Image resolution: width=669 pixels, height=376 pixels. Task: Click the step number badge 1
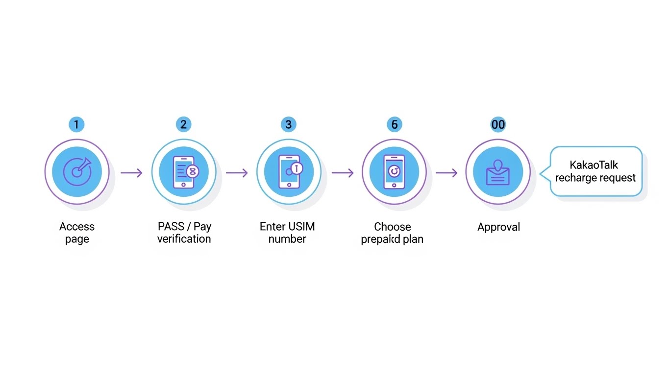[76, 124]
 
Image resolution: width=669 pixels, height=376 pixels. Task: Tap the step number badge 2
[183, 124]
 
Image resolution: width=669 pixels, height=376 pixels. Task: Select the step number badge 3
[288, 124]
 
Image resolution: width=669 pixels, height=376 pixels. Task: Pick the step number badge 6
[394, 124]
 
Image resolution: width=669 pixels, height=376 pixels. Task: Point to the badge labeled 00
[498, 124]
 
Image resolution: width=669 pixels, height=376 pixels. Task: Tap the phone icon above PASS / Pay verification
[183, 171]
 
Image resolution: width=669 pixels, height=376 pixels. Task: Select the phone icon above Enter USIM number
[289, 171]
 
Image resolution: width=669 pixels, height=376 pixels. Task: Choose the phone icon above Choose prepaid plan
[395, 171]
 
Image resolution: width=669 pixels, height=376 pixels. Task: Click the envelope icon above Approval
[498, 172]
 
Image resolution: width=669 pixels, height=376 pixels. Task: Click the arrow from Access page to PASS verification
[131, 172]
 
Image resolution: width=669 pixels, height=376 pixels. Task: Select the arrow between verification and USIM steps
[237, 172]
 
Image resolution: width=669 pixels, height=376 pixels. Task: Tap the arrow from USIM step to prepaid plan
[342, 172]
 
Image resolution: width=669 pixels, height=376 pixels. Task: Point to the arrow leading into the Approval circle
[446, 172]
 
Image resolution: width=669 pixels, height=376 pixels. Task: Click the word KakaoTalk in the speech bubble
[594, 165]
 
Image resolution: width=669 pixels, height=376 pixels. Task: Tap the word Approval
[498, 227]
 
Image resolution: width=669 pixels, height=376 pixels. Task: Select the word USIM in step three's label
[300, 227]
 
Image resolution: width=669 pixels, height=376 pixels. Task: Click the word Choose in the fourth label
[392, 227]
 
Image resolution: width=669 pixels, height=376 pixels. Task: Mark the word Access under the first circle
[77, 227]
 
